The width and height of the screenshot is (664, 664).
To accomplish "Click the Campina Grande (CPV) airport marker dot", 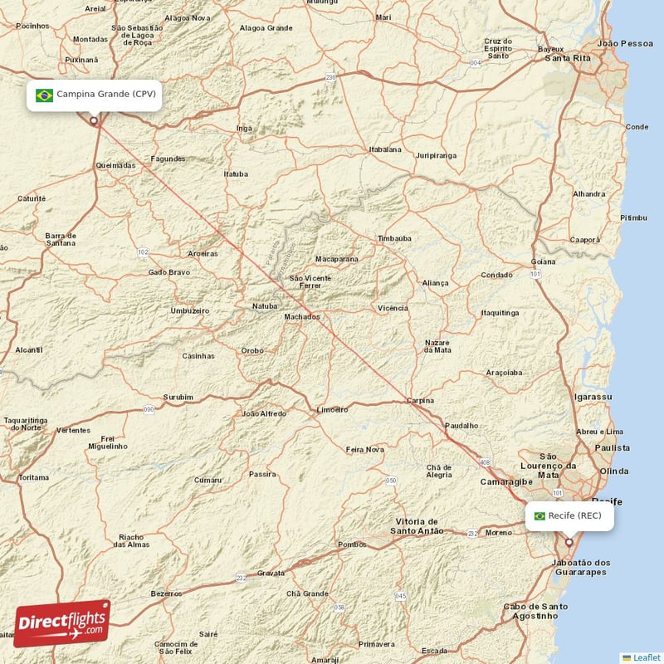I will (94, 120).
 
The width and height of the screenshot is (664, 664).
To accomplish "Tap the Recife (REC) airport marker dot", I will (569, 543).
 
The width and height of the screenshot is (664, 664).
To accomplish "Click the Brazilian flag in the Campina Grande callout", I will (45, 95).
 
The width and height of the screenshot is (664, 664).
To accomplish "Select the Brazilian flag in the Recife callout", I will (539, 516).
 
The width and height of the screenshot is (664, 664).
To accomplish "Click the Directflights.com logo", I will (62, 623).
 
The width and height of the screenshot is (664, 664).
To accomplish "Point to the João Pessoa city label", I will (625, 42).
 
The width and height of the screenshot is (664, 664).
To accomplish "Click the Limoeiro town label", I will (333, 409).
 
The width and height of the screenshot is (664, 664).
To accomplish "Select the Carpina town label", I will (419, 401).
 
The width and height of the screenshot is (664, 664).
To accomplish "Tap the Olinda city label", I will (614, 471).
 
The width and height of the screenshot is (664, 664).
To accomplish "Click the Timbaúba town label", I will (394, 238).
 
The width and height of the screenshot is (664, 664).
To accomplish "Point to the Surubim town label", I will (178, 398).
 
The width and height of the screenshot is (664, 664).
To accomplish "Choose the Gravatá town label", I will (271, 573).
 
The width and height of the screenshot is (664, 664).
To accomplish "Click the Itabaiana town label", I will (384, 149).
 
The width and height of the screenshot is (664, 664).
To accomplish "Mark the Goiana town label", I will (544, 261).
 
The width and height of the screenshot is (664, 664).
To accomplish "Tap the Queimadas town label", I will (115, 165).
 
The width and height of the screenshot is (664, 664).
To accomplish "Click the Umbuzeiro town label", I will (189, 310).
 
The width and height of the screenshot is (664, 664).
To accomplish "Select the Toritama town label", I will (34, 477).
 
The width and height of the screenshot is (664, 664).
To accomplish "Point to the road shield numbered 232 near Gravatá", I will (241, 578).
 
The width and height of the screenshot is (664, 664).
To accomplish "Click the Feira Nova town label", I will (365, 449).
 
